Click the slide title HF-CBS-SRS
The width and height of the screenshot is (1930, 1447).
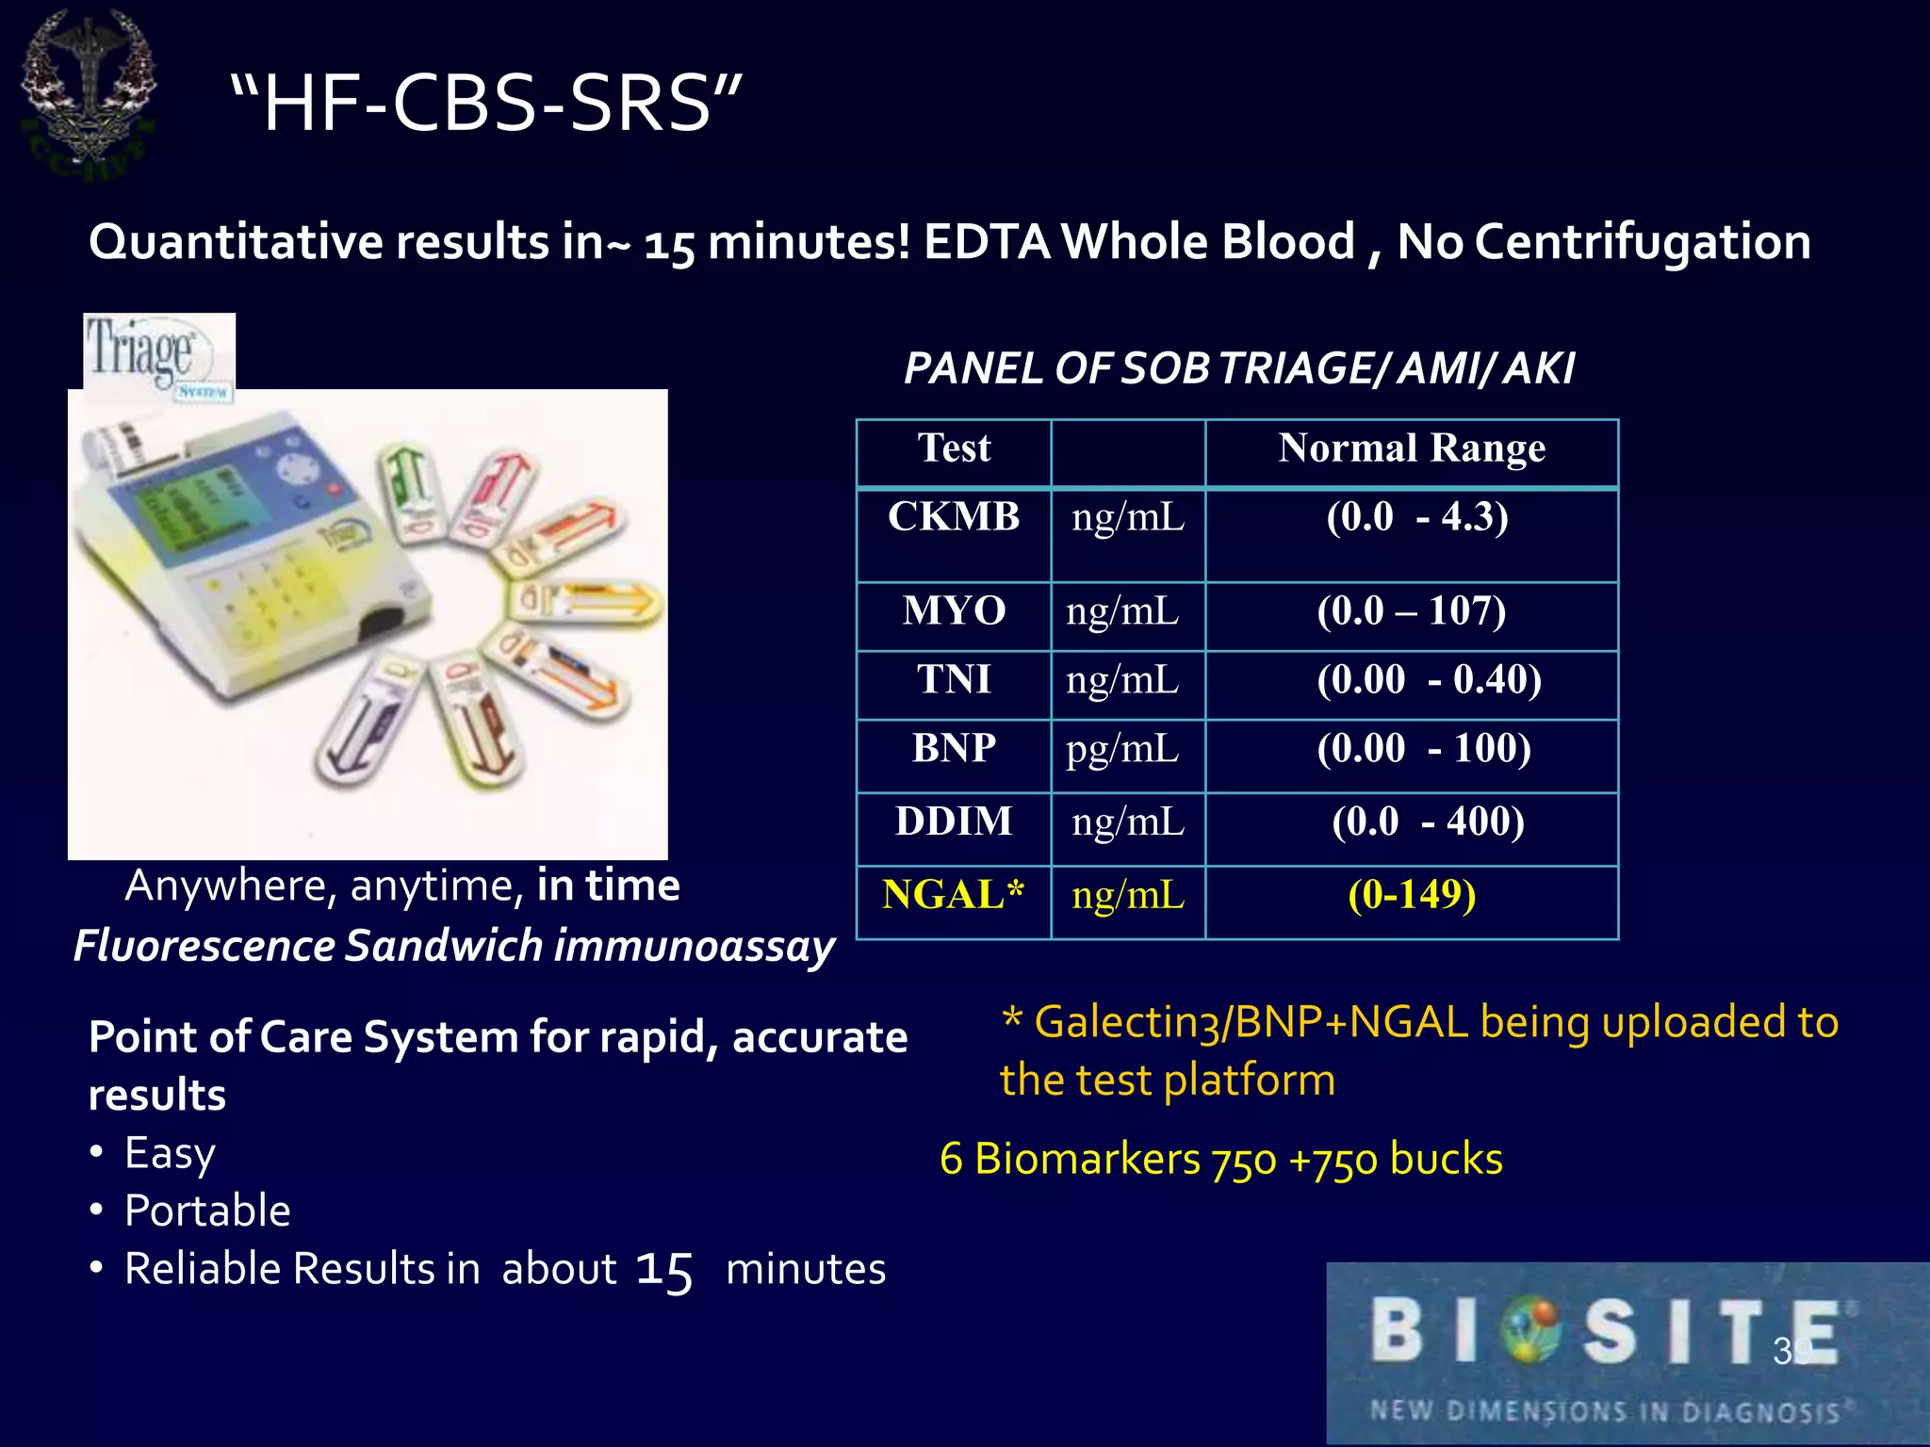[x=485, y=104]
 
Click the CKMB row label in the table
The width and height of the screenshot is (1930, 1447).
[x=954, y=517]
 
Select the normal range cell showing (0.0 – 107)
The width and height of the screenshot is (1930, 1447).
[x=1411, y=611]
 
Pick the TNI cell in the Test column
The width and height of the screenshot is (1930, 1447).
[x=954, y=680]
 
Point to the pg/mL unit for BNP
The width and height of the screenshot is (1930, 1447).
[x=1122, y=749]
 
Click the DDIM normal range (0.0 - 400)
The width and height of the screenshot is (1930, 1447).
[x=1427, y=821]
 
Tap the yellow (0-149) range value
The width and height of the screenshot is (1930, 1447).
[x=1411, y=895]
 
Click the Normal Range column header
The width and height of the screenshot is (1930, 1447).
[x=1411, y=448]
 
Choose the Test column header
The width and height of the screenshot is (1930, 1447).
[x=954, y=448]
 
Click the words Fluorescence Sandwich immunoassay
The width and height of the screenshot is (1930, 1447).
[x=454, y=946]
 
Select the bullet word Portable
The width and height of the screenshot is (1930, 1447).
[x=207, y=1211]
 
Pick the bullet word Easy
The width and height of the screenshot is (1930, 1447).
[x=170, y=1153]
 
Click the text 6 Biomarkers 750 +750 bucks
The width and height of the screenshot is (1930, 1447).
[x=1220, y=1160]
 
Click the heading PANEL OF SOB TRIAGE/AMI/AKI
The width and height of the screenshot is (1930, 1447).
[x=1238, y=368]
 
